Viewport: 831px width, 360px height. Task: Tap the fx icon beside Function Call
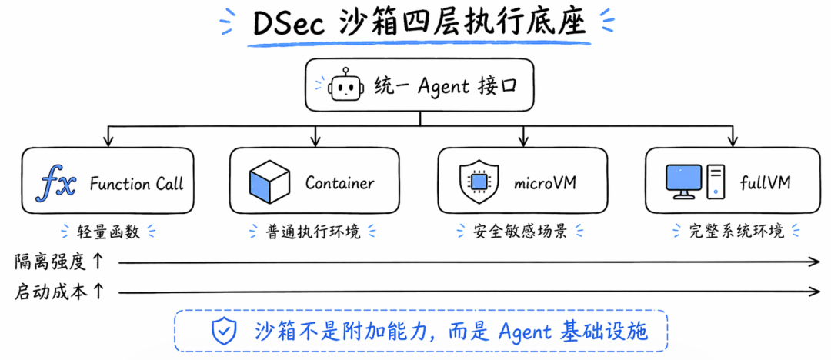[x=58, y=183]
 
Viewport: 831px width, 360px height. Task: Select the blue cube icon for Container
[x=269, y=182]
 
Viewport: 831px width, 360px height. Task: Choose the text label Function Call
[x=136, y=184]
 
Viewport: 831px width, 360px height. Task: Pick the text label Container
[x=339, y=183]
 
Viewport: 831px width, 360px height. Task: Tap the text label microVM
[x=545, y=183]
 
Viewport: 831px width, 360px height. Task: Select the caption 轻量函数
[x=105, y=230]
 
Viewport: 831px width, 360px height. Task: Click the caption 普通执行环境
[x=315, y=230]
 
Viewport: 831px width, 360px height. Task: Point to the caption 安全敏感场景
[x=522, y=230]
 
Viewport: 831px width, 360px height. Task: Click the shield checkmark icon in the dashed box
[x=224, y=331]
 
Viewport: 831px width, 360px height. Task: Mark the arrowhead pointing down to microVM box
[x=522, y=141]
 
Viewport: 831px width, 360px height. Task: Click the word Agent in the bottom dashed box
[x=524, y=331]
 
